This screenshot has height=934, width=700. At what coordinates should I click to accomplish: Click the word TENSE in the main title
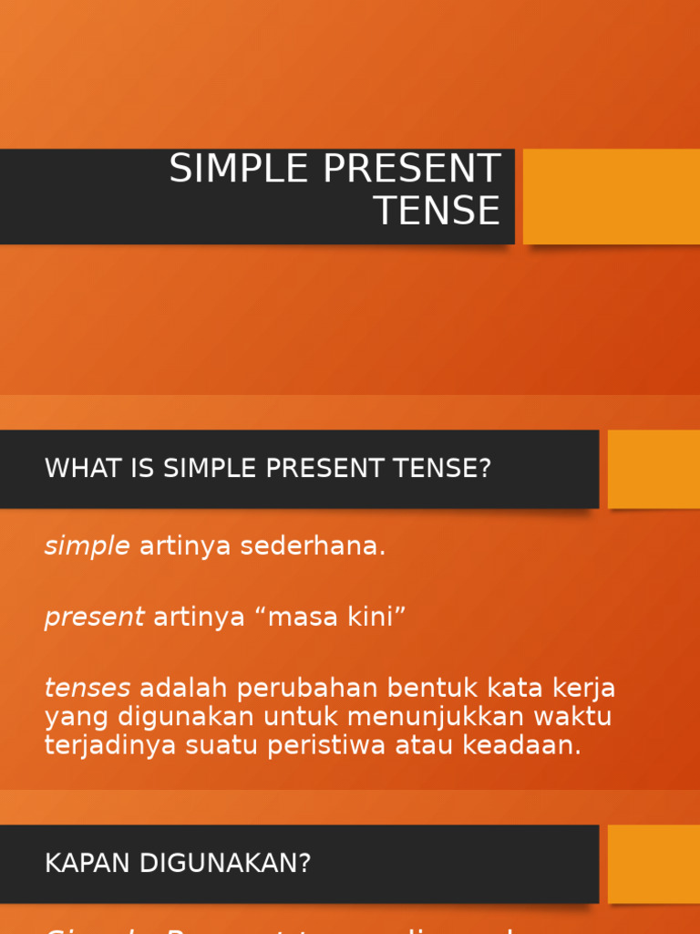[437, 211]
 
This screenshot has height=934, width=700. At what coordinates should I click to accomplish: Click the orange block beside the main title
[612, 196]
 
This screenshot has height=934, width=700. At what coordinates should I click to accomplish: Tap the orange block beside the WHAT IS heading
[654, 469]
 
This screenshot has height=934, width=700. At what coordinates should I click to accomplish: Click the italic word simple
[87, 546]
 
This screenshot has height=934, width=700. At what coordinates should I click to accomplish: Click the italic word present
[94, 617]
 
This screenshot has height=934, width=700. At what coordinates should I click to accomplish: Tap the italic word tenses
[87, 687]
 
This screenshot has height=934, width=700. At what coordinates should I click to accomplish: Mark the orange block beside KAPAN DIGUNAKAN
[654, 864]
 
